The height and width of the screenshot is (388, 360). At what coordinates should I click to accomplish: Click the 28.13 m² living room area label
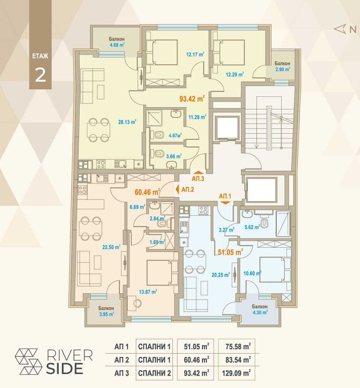pos(127,122)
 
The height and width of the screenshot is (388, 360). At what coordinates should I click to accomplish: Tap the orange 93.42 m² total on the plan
pos(192,99)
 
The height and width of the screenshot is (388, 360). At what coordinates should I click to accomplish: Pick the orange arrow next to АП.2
pos(178,190)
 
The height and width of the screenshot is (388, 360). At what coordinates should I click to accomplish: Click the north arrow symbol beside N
pos(339,29)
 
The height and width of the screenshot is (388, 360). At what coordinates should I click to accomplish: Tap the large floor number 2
pos(40,75)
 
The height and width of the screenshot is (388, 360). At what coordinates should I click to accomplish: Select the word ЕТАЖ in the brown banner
pos(40,56)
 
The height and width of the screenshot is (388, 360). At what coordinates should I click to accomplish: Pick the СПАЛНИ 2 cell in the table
pos(155,372)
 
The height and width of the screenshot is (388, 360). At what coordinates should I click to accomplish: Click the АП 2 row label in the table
pos(121,360)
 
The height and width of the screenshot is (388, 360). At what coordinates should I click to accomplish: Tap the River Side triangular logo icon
pos(28,361)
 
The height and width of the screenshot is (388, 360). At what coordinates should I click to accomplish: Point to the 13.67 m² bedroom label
pos(148,292)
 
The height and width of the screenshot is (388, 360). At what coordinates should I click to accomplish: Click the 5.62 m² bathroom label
pos(252,227)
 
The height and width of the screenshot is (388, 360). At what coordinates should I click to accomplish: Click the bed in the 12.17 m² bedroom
pos(162,52)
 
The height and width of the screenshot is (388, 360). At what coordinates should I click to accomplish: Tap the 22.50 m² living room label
pos(111,247)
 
